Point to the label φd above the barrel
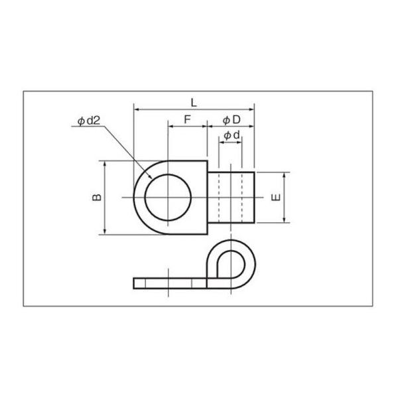(231, 135)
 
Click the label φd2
(88, 121)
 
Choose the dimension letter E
(277, 198)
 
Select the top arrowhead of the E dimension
(285, 174)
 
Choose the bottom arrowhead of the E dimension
(285, 222)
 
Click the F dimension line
(187, 125)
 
